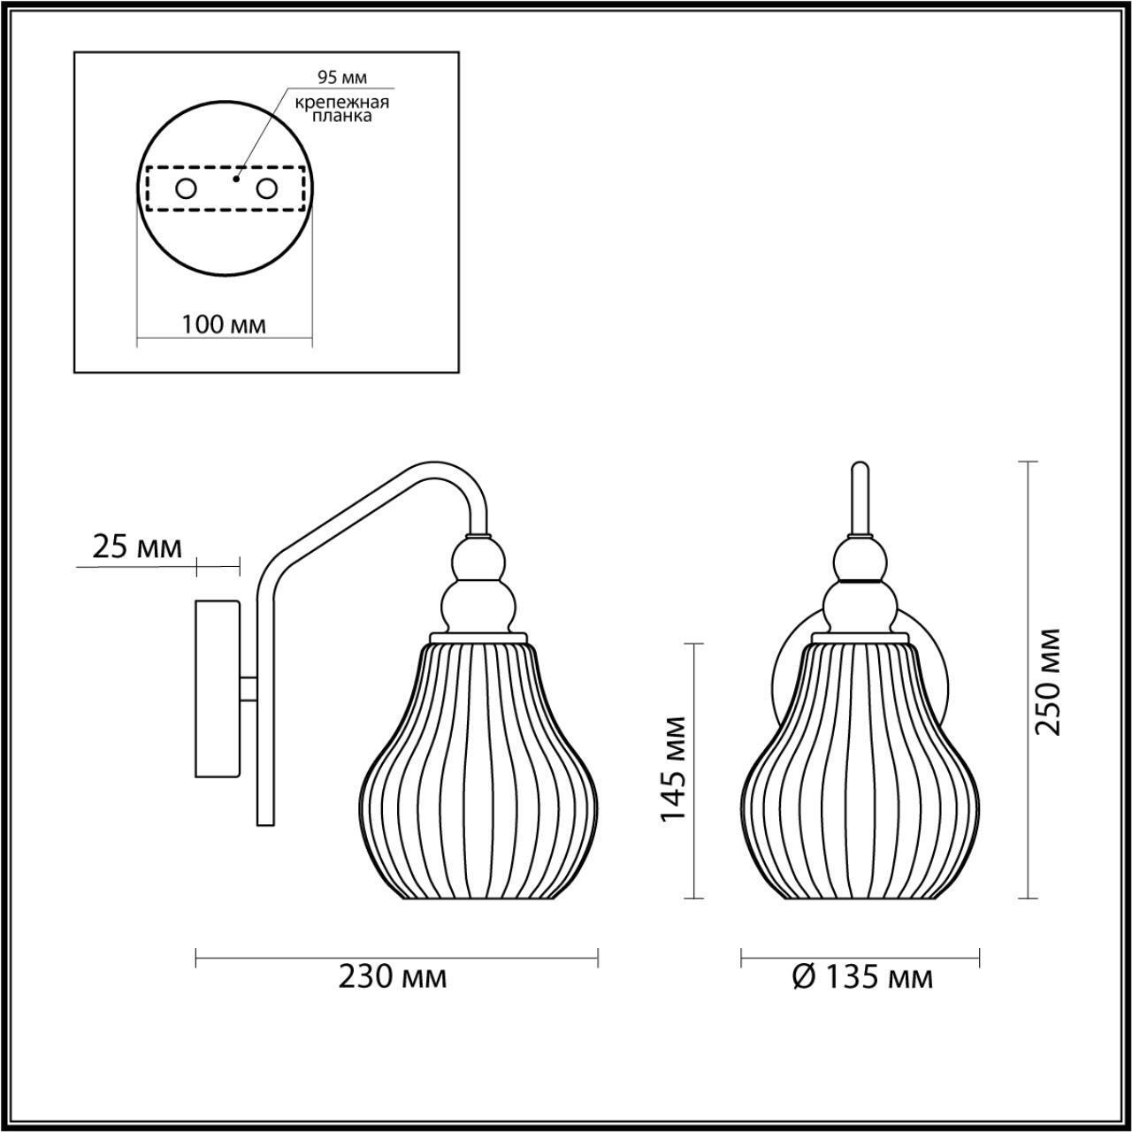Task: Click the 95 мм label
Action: [x=342, y=78]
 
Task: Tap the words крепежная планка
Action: [x=343, y=109]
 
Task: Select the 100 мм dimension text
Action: [x=224, y=325]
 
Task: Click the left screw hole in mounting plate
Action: [x=187, y=188]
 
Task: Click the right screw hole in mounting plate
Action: [x=266, y=188]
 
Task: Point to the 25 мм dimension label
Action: [x=137, y=547]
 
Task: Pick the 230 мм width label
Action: [x=393, y=977]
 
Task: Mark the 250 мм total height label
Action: [x=1048, y=681]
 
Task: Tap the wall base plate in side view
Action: [x=218, y=688]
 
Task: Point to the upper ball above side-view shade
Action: [x=478, y=560]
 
